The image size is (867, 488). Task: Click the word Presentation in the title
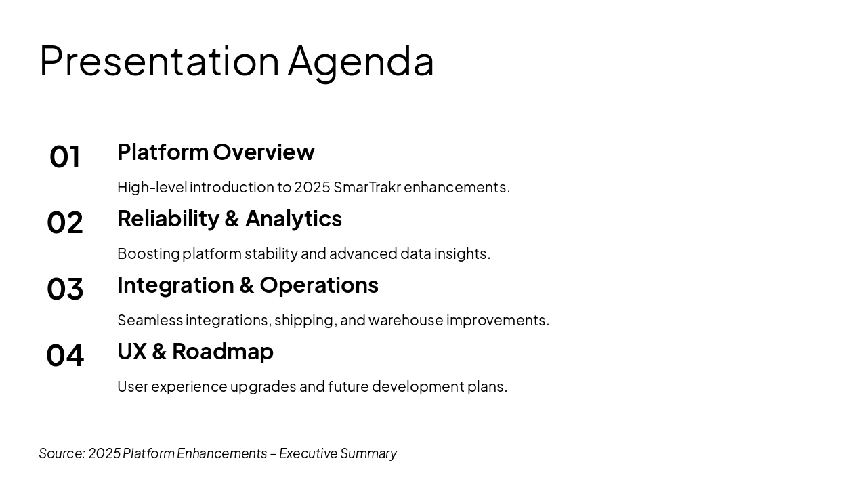[159, 61]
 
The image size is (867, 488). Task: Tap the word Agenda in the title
[361, 64]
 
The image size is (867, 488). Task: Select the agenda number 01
[64, 157]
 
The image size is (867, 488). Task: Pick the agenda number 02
[64, 223]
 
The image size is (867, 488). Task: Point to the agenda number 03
[64, 289]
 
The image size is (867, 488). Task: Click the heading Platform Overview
[216, 152]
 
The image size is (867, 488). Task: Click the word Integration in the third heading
[175, 286]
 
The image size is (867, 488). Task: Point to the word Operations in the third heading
[319, 286]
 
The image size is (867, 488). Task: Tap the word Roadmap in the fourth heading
[223, 352]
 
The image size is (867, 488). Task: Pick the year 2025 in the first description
[312, 188]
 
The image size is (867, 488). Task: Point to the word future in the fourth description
[348, 386]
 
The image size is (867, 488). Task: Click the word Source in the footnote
[62, 453]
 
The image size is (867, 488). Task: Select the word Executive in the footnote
[308, 453]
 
